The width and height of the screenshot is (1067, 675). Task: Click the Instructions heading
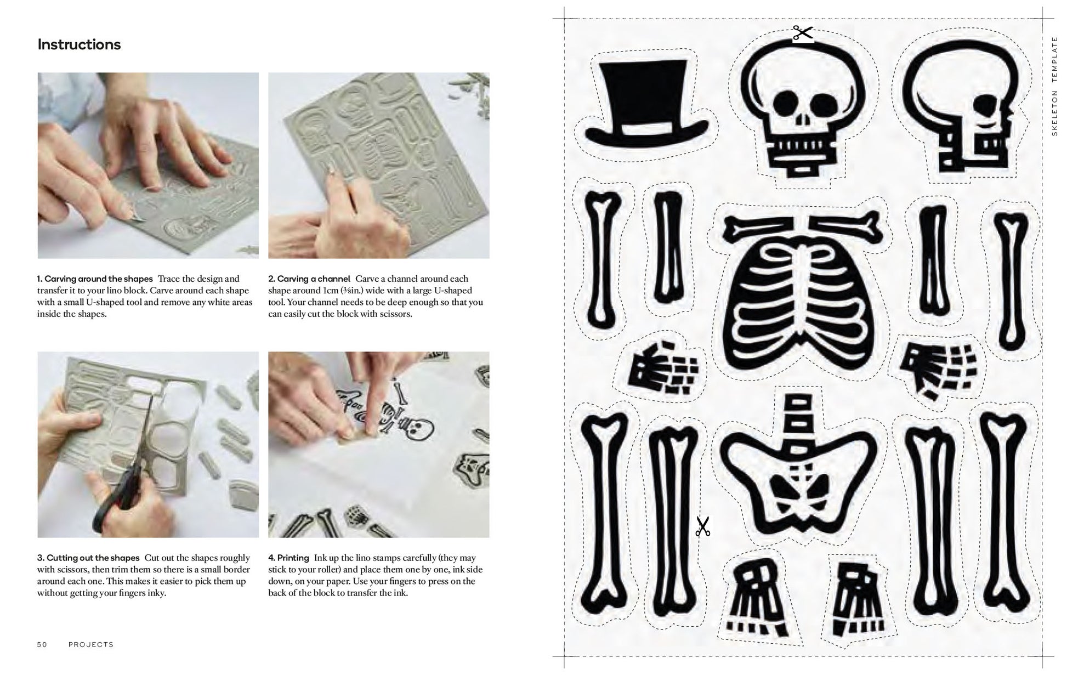pos(79,44)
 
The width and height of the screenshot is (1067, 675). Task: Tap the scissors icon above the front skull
pos(803,33)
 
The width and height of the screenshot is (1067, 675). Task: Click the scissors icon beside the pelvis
pos(702,526)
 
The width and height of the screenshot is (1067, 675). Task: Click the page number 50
pos(42,644)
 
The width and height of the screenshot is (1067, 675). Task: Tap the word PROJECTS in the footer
pos(91,644)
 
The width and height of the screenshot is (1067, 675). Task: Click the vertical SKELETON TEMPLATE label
pos(1054,86)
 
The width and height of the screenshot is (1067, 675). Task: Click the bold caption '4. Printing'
pos(288,558)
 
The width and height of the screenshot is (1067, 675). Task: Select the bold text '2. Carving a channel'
pos(309,279)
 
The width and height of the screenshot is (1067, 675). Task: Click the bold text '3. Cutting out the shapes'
pos(88,558)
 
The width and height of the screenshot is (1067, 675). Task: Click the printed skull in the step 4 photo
pos(414,427)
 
